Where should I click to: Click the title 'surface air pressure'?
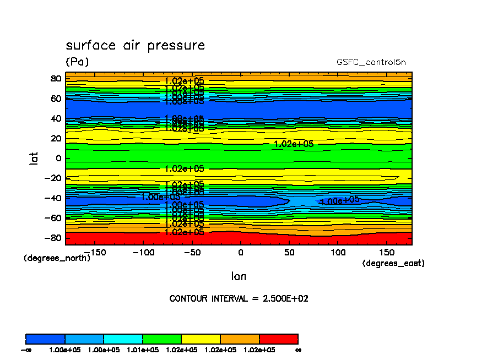click(135, 45)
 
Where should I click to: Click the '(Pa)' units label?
click(77, 62)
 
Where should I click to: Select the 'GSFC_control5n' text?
click(371, 62)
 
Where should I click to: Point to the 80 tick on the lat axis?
click(55, 79)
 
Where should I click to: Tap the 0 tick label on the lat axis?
click(58, 159)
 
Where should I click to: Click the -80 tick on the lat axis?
click(53, 238)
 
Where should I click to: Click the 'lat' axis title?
click(34, 159)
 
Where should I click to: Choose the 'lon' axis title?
click(239, 276)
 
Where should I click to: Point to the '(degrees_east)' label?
click(393, 264)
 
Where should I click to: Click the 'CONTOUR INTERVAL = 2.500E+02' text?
click(239, 299)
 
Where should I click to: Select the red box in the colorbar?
click(278, 339)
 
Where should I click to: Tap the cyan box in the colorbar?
click(123, 339)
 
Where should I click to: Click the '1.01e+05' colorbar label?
click(143, 350)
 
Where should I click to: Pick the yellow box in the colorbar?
click(201, 339)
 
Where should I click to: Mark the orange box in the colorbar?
click(240, 339)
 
